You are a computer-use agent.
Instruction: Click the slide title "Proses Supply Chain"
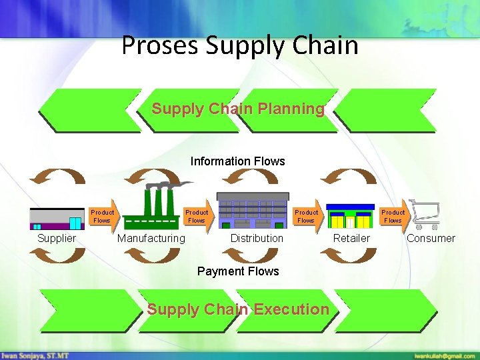240,45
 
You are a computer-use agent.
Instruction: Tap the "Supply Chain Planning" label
238,109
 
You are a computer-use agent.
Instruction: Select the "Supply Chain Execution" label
238,309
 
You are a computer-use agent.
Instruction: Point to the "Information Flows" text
237,161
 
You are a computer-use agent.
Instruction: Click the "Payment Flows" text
238,271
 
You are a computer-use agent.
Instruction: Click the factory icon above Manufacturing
158,206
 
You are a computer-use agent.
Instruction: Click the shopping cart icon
423,213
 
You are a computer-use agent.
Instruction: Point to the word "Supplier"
57,239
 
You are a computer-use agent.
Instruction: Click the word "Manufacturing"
151,239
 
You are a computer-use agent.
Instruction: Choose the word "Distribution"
257,239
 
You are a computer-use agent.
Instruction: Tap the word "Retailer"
351,239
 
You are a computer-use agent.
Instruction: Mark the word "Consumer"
431,239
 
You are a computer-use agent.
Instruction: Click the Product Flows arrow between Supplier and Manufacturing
104,216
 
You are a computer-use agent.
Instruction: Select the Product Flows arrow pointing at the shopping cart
393,216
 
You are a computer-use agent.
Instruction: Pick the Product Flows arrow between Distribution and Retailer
307,216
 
